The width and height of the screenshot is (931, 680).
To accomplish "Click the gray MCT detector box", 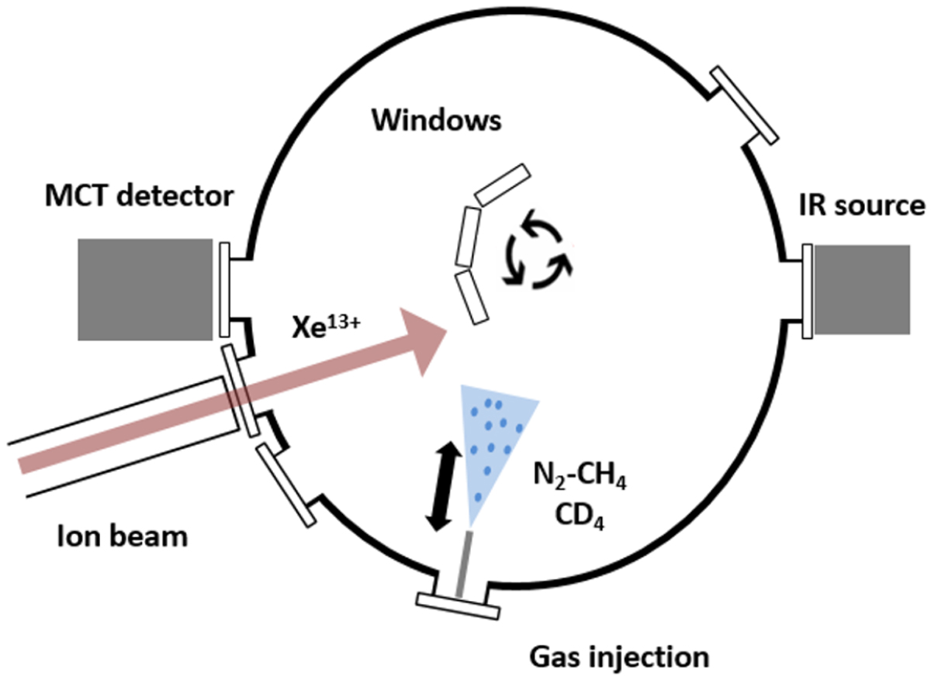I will (145, 289).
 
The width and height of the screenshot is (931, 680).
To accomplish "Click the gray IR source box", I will (861, 289).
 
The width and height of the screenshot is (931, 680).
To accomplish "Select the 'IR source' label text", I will (862, 205).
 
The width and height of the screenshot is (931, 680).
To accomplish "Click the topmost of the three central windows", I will (503, 185).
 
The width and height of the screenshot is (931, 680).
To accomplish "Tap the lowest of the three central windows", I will (472, 296).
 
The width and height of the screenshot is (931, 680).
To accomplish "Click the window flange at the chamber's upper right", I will (745, 105).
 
